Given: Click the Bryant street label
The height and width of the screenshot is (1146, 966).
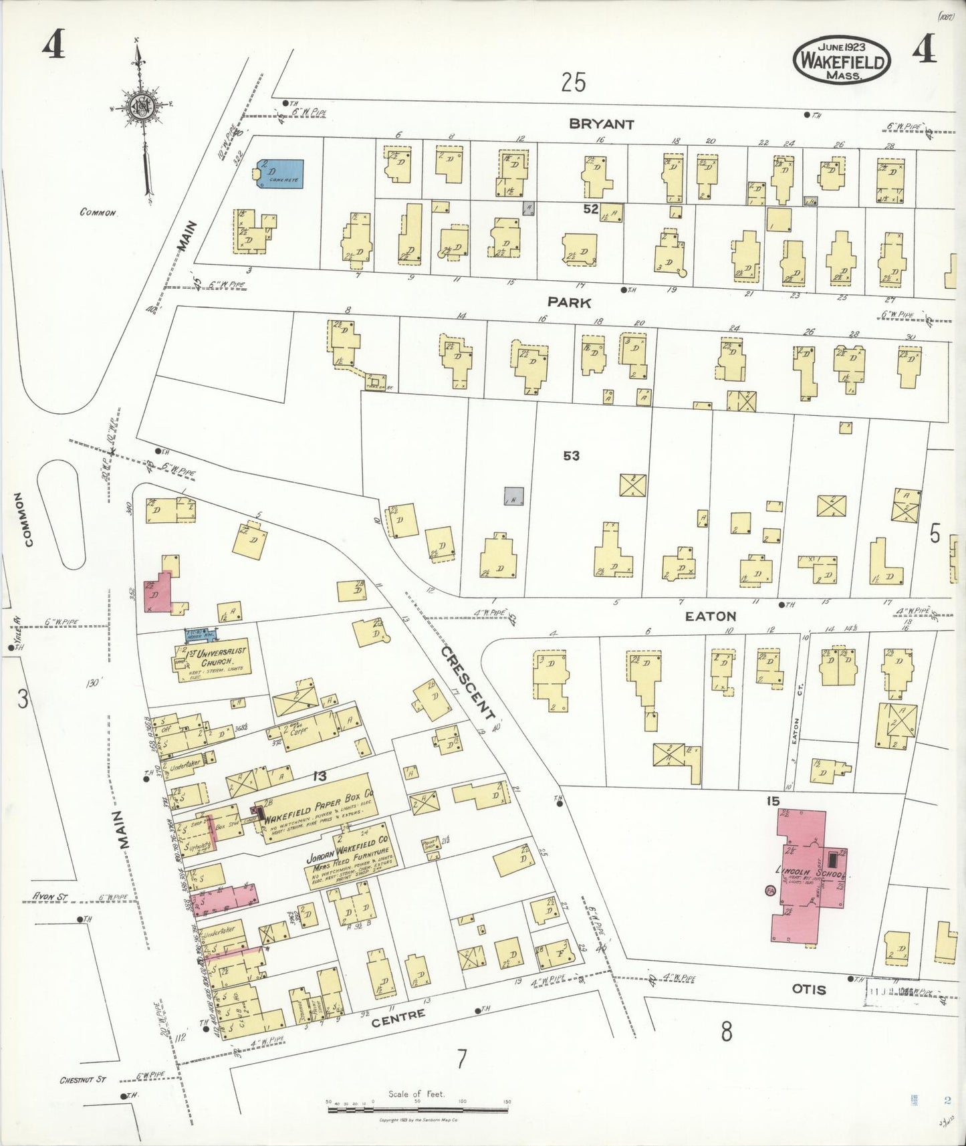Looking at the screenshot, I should pos(601,124).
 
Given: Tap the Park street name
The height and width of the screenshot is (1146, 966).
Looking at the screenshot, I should pos(569,302).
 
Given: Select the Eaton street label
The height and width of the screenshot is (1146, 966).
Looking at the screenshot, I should pos(711,616).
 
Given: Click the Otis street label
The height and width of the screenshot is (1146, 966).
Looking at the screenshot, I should pos(808,989).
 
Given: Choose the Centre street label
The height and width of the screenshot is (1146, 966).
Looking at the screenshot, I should pos(398,1018).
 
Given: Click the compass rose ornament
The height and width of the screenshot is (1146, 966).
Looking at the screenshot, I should pos(142,107).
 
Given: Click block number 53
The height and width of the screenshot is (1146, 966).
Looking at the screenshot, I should pos(571,456).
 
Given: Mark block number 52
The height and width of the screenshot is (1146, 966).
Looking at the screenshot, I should pos(590,209).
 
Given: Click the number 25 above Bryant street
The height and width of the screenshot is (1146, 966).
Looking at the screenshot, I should pos(574,83).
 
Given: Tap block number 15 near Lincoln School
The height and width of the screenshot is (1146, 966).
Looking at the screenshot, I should pos(773,801).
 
